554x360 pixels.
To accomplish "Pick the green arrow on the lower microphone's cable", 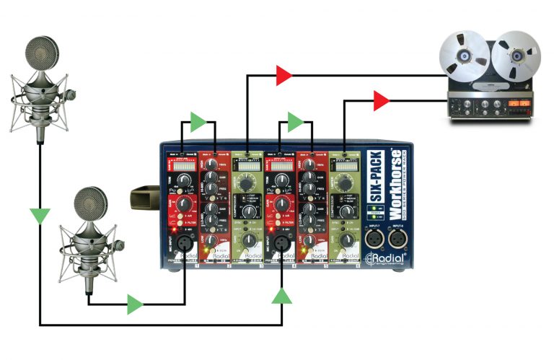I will point(135,304).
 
